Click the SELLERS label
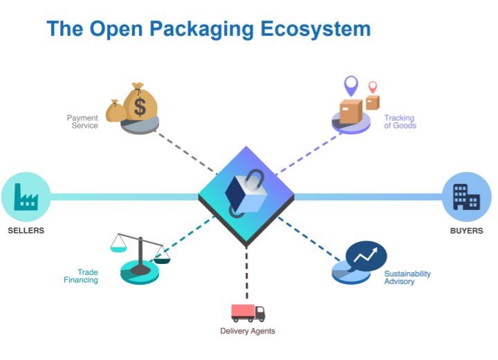coord(26,230)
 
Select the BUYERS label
coord(466,230)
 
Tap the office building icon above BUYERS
coord(465,197)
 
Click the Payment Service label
coord(82,122)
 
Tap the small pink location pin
coord(373,87)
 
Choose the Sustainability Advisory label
coord(407,278)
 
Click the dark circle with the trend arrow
coord(366,257)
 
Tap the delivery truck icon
coord(248,312)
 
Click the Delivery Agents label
coord(248,331)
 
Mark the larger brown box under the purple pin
coord(351,111)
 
